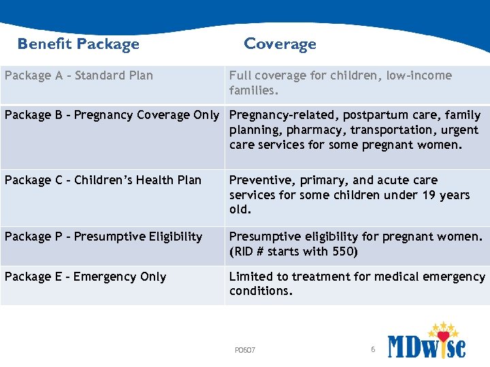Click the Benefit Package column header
(78, 44)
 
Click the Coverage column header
(280, 44)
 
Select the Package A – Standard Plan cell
(79, 75)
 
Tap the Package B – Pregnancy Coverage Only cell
(112, 115)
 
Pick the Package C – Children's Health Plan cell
(103, 180)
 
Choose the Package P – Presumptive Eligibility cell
(103, 237)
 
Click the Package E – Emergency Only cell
(86, 277)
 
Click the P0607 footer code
(245, 350)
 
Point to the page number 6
(373, 349)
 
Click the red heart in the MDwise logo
(443, 336)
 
